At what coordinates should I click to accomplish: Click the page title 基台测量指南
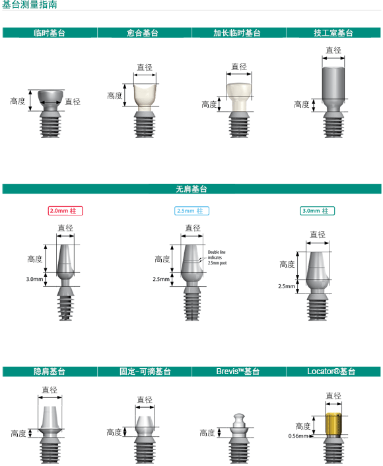pyautogui.click(x=30, y=4)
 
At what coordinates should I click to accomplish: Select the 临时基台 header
pyautogui.click(x=50, y=32)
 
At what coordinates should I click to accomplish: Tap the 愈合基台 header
pyautogui.click(x=143, y=32)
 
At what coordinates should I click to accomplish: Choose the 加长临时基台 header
pyautogui.click(x=237, y=32)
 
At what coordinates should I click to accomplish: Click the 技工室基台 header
pyautogui.click(x=333, y=32)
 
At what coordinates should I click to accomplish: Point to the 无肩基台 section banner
pyautogui.click(x=191, y=189)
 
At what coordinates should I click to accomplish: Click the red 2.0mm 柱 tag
pyautogui.click(x=65, y=211)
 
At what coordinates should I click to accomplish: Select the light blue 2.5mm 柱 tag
pyautogui.click(x=191, y=211)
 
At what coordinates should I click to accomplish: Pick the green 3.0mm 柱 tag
pyautogui.click(x=317, y=211)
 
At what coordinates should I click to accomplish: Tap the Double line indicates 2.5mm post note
pyautogui.click(x=217, y=257)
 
